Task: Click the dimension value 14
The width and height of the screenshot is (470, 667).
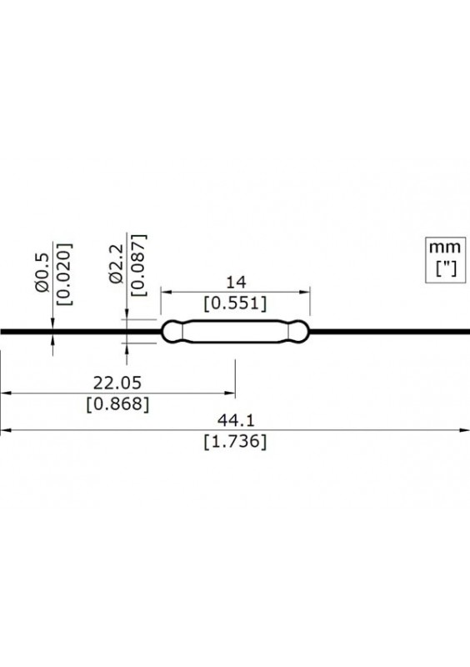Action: click(x=236, y=282)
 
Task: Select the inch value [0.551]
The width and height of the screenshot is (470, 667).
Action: click(x=235, y=303)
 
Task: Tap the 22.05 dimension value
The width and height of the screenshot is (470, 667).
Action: click(x=117, y=383)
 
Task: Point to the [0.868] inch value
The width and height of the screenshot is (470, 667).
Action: click(x=117, y=404)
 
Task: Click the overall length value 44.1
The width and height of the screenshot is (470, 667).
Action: click(x=236, y=420)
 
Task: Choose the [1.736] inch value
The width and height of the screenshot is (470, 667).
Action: click(x=235, y=441)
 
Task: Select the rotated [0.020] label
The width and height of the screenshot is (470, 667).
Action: click(x=64, y=274)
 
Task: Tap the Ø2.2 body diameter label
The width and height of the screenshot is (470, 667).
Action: click(x=116, y=263)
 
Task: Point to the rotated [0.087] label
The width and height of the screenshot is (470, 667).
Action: click(x=138, y=264)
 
